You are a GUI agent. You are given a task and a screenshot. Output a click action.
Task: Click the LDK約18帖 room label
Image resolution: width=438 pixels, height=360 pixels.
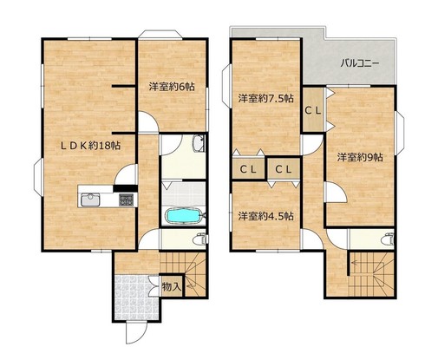coord(90,146)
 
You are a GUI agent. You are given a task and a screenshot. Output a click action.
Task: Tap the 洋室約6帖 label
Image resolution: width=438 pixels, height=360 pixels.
coord(172,87)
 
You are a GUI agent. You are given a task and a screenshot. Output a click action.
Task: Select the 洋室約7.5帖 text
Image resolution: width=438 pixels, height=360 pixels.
coord(266,99)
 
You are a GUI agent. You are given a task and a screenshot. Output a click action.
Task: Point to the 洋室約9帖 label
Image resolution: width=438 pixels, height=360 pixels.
coord(360,157)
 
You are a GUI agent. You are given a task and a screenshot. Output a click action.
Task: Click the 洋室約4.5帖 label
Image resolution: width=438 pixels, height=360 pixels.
coord(266,216)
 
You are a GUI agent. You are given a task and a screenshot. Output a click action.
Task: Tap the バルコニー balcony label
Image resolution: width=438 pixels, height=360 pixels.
coord(359,62)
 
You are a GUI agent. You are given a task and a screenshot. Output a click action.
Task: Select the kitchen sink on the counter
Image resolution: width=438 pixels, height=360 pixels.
coord(90,200)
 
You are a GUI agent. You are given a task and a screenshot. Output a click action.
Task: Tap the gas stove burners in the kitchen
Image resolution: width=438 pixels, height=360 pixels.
coord(127,200)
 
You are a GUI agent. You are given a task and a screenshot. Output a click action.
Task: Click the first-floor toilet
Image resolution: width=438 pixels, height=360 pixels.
coord(200,239)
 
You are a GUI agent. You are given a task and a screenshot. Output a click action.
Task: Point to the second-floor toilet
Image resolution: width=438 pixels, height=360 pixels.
coord(388,239)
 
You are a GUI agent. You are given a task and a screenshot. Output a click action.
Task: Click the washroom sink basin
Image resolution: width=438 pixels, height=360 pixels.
coord(199,143)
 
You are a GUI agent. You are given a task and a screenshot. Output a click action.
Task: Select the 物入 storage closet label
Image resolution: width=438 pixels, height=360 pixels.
coord(172,286)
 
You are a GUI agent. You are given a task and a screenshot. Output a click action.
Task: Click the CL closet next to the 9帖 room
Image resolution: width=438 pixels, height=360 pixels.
coord(313,110)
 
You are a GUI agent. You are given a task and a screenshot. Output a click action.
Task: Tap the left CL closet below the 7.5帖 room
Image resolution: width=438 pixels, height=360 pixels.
coord(249,169)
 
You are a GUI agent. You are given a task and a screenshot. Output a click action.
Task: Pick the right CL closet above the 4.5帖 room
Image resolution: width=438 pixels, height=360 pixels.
coord(284,169)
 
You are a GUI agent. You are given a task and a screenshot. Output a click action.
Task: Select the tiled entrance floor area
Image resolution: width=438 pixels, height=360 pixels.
coord(136,298)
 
